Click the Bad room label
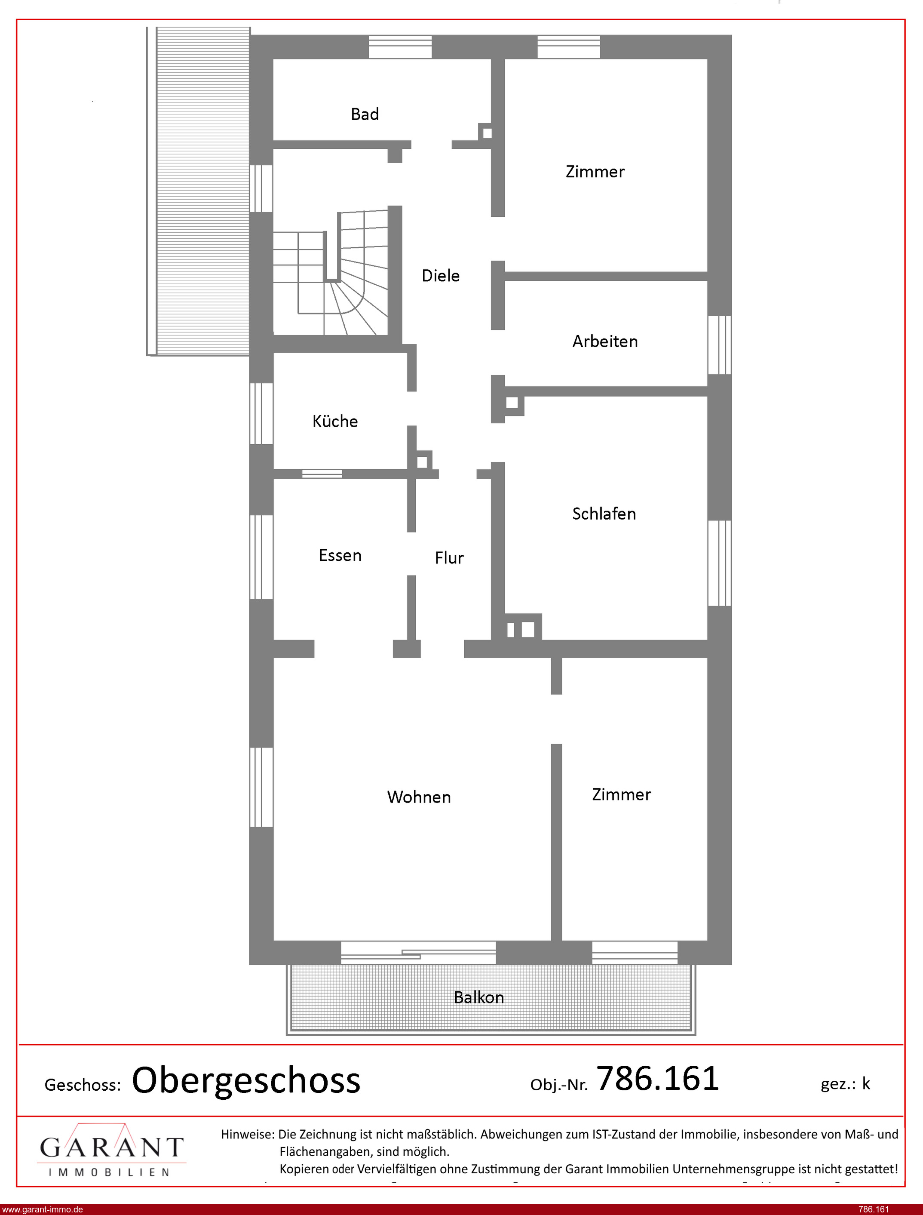click(x=365, y=114)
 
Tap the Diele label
click(x=441, y=276)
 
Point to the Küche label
click(x=335, y=421)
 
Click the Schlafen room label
click(x=604, y=514)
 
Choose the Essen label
click(x=340, y=556)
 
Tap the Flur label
click(x=449, y=558)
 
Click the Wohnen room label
click(x=419, y=797)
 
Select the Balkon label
click(x=478, y=997)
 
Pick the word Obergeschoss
click(x=246, y=1080)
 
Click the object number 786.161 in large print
click(x=658, y=1078)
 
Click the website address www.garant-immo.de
click(x=42, y=1209)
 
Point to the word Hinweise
click(x=247, y=1134)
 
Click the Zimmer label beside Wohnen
click(x=621, y=795)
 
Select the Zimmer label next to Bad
click(x=595, y=172)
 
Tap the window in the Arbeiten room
click(x=719, y=345)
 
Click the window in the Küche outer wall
click(x=261, y=414)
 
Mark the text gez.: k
click(x=845, y=1084)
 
